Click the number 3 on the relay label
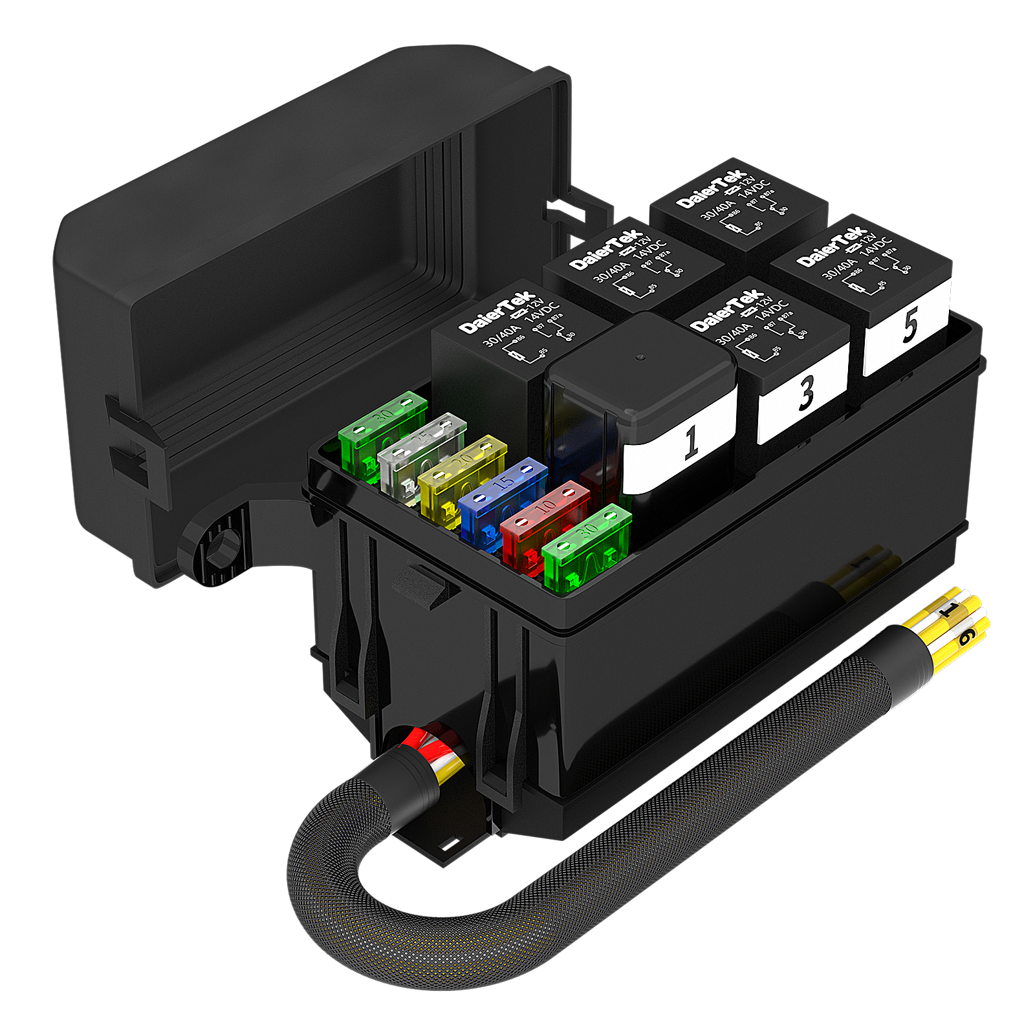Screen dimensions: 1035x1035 806,393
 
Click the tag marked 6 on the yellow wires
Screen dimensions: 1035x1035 966,638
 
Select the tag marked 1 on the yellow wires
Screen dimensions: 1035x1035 950,609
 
